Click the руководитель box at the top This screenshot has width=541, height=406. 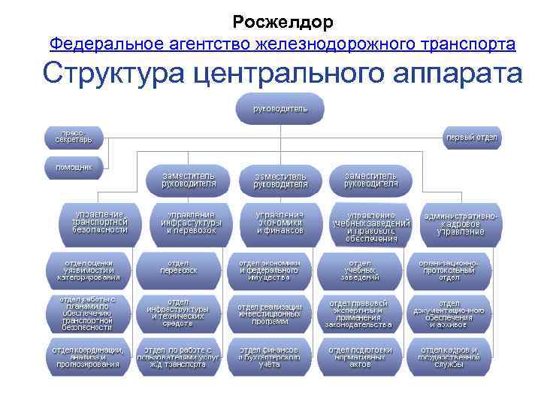tap(280, 108)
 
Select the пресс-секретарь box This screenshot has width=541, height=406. tap(73, 136)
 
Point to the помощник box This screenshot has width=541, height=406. tap(74, 166)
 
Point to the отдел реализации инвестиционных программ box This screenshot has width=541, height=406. tap(270, 314)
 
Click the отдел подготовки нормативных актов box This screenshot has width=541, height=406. tap(360, 357)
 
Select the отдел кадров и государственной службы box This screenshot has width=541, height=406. tap(449, 357)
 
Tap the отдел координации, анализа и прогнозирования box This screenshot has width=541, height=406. tap(88, 357)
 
